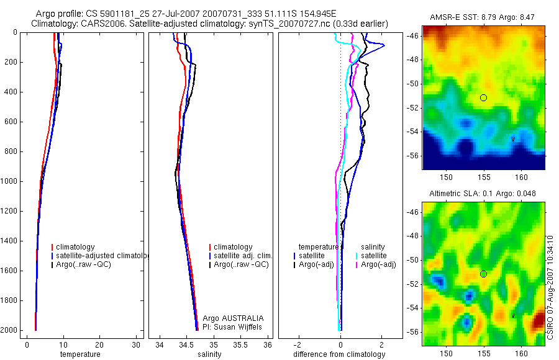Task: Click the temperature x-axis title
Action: coord(80,354)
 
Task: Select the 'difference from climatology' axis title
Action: coord(339,354)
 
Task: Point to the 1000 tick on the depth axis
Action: coord(10,181)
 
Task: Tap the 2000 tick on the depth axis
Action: coord(10,330)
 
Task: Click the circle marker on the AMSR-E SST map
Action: coord(483,97)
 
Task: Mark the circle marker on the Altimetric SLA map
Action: coord(483,274)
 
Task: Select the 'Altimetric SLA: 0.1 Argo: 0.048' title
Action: coord(483,194)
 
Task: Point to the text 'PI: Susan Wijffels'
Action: coord(233,327)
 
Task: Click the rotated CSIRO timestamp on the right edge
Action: coord(552,286)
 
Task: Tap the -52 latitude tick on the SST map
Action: coord(414,107)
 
